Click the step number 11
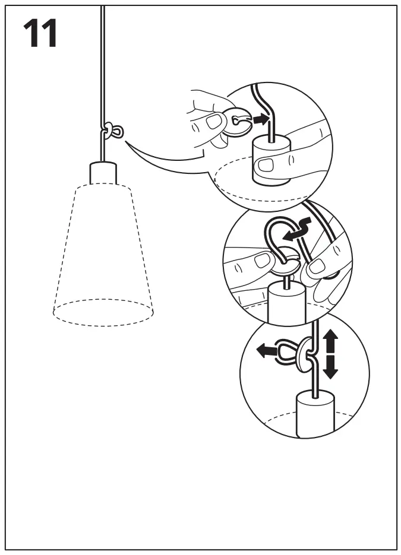[x=40, y=34]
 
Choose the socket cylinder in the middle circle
[x=286, y=303]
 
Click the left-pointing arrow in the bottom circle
[x=267, y=351]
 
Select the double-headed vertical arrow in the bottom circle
[x=330, y=355]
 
